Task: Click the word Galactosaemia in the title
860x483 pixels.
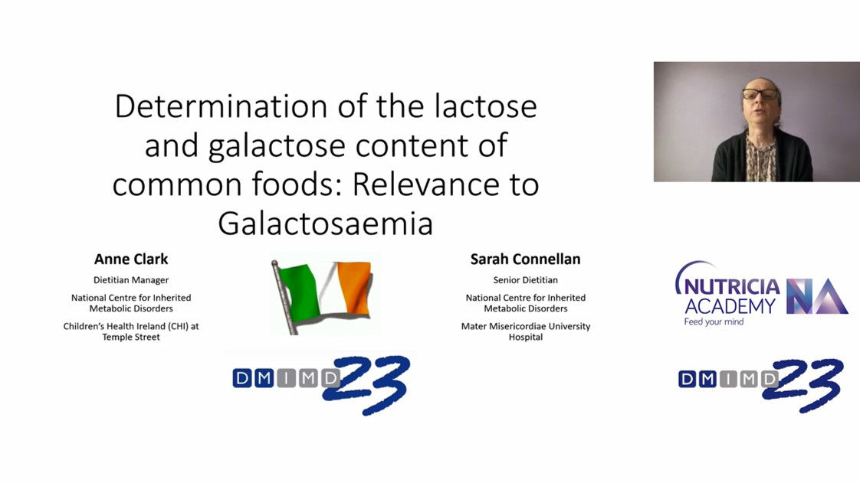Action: coord(326,224)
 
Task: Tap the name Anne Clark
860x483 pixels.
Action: coord(131,259)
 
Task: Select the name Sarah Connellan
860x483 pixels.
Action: coord(526,259)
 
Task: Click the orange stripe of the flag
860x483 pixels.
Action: coord(354,288)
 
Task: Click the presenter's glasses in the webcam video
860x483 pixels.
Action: coord(760,94)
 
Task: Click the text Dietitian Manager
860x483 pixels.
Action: coord(131,280)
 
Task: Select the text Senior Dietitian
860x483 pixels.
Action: coord(526,280)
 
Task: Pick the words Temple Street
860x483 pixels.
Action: coord(131,338)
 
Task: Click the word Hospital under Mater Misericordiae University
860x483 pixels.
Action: coord(526,338)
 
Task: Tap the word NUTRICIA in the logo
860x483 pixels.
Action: coord(732,286)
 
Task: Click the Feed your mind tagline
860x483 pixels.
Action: coord(714,322)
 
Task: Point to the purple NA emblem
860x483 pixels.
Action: coord(817,296)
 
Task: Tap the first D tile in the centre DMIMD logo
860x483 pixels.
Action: coord(242,378)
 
